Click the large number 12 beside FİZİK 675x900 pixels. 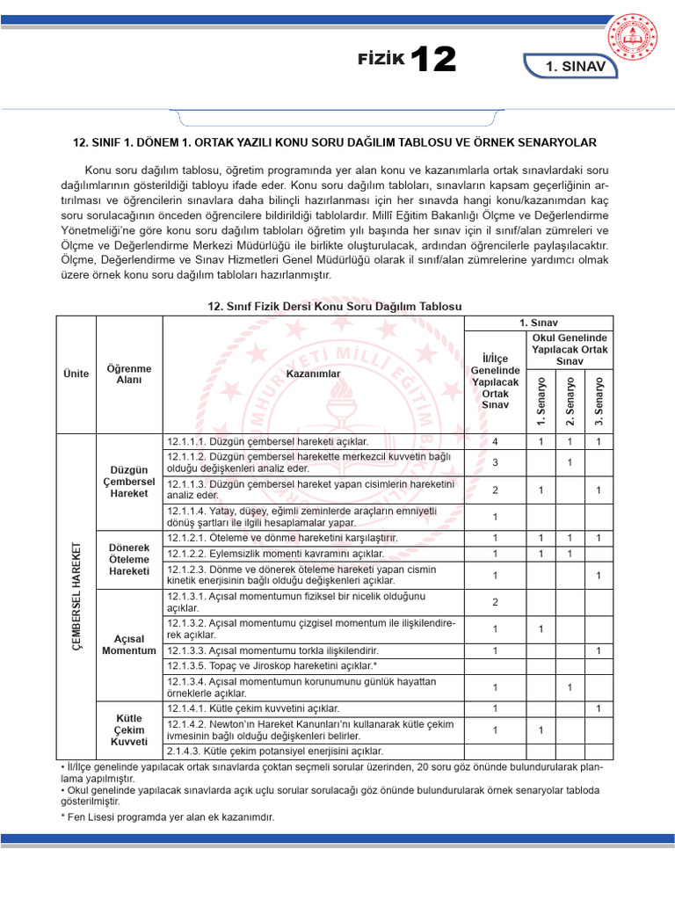tap(432, 60)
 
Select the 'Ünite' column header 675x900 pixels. tap(76, 374)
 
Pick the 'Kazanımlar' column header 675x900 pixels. tap(313, 374)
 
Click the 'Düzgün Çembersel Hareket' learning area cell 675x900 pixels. tap(129, 481)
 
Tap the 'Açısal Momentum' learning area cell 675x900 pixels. tap(129, 644)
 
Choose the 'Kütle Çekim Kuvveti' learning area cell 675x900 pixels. tap(129, 729)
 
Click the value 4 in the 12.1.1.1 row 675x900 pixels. tap(496, 441)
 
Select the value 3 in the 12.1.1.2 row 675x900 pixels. tap(496, 462)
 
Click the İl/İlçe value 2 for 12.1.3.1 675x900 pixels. tap(496, 602)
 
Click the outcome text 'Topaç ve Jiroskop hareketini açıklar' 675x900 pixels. tap(272, 666)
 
